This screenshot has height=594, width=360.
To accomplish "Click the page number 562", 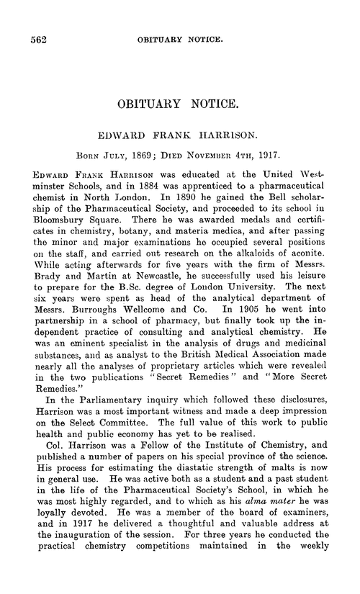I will click(x=35, y=41).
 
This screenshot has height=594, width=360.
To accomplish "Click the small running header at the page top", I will click(x=190, y=42).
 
